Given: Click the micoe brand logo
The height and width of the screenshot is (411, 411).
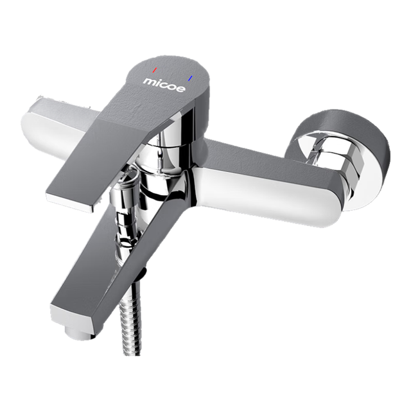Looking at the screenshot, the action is pyautogui.click(x=164, y=85).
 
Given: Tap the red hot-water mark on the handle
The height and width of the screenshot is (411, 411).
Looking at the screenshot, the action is pyautogui.click(x=155, y=70).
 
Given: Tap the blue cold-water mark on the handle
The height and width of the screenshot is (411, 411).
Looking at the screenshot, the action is pyautogui.click(x=191, y=78).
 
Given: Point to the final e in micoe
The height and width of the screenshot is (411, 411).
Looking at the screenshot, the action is pyautogui.click(x=181, y=89).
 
